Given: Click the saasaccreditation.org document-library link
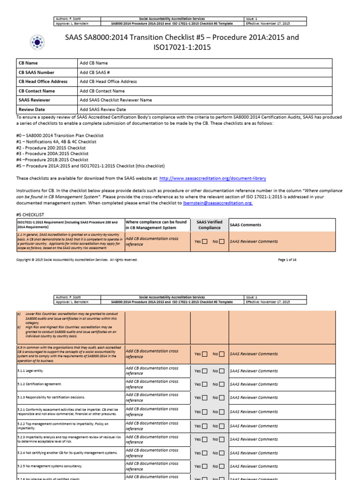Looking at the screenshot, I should (x=213, y=178).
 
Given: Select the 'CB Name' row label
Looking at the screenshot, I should (x=28, y=63).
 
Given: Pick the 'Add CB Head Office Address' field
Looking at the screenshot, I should (x=108, y=82).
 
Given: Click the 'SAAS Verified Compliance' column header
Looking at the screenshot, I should (x=209, y=225).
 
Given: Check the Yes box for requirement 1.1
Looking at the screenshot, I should (x=204, y=242).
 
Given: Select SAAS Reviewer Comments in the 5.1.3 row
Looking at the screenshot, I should (x=254, y=397).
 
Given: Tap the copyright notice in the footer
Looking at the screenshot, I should (x=77, y=259).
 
